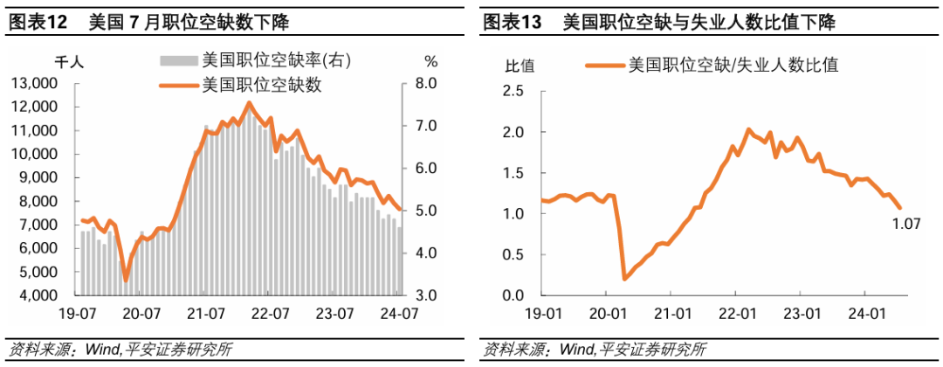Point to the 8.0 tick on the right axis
(426, 83)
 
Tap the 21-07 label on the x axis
(205, 314)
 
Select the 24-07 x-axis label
(400, 314)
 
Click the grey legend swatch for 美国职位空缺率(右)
(179, 60)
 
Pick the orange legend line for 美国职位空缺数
(179, 86)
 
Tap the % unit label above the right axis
(430, 61)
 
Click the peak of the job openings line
(249, 103)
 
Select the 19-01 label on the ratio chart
(542, 314)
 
